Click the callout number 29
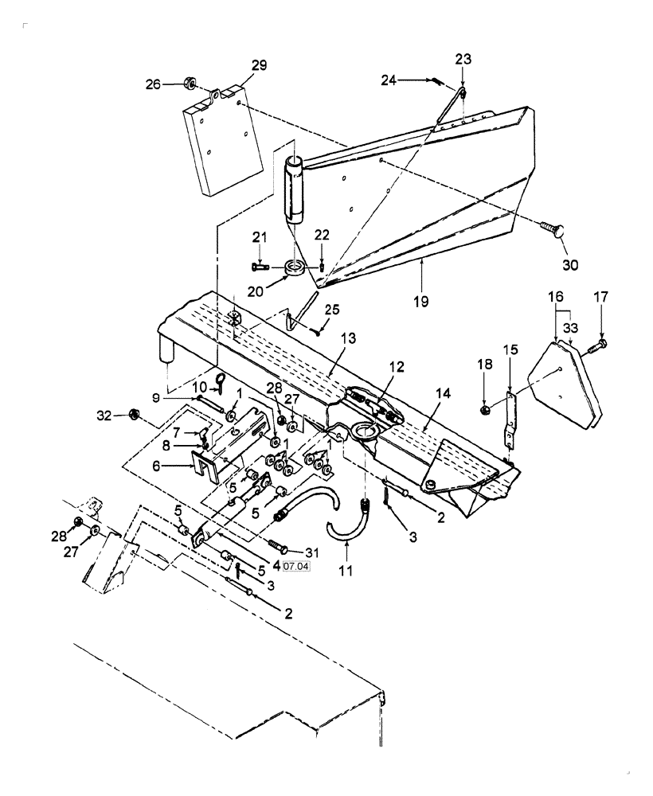tap(260, 64)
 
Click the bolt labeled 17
tap(602, 344)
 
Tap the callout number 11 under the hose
tap(345, 571)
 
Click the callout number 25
tap(330, 310)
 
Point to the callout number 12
tap(397, 367)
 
